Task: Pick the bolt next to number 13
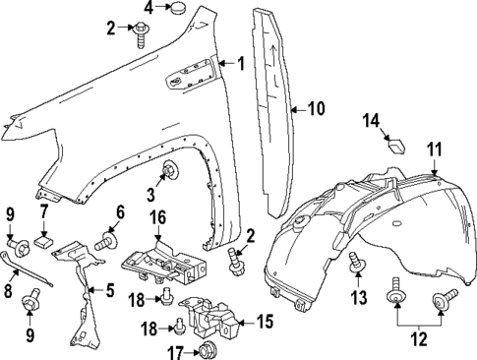click(x=357, y=261)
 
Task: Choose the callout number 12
click(x=419, y=339)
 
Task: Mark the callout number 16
click(x=157, y=216)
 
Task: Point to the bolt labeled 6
click(x=103, y=239)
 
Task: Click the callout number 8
click(x=9, y=291)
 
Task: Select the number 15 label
click(x=265, y=320)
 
